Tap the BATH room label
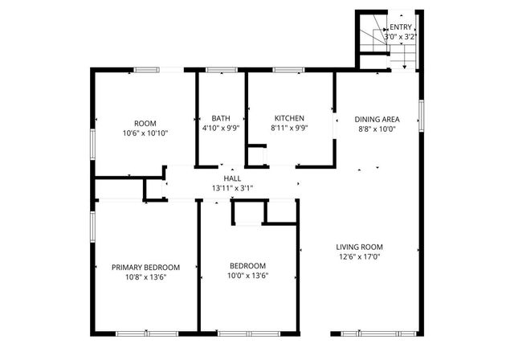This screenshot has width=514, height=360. (221, 119)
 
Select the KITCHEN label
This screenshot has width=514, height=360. (289, 119)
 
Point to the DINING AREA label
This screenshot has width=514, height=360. (377, 119)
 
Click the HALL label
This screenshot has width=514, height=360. (232, 178)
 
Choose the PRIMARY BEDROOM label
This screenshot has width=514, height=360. (145, 267)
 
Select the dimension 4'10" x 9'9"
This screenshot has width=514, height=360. (221, 129)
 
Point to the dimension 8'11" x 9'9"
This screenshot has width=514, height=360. (289, 129)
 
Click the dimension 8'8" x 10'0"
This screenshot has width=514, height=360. (377, 129)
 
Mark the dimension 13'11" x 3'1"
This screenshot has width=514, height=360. (232, 188)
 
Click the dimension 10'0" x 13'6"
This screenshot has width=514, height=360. (247, 276)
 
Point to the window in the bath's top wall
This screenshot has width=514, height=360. (220, 71)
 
